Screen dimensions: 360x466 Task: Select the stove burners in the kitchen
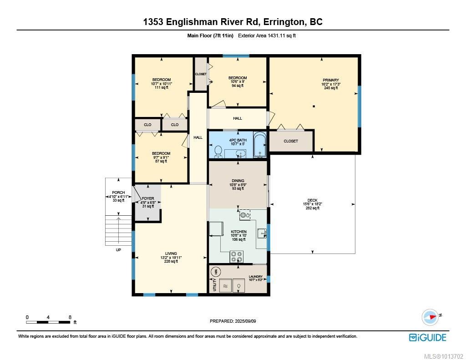(x=237, y=257)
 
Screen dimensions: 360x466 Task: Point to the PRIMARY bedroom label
(x=330, y=80)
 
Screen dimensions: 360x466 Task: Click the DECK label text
(x=312, y=200)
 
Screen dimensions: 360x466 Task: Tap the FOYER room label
(x=147, y=198)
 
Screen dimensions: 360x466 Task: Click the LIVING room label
(x=171, y=254)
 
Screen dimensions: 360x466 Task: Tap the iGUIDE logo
(x=427, y=337)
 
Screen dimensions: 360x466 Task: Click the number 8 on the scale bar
(x=70, y=317)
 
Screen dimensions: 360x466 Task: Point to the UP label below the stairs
(x=119, y=250)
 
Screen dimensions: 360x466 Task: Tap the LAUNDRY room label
(x=255, y=276)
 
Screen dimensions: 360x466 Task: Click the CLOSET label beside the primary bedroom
(x=291, y=141)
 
